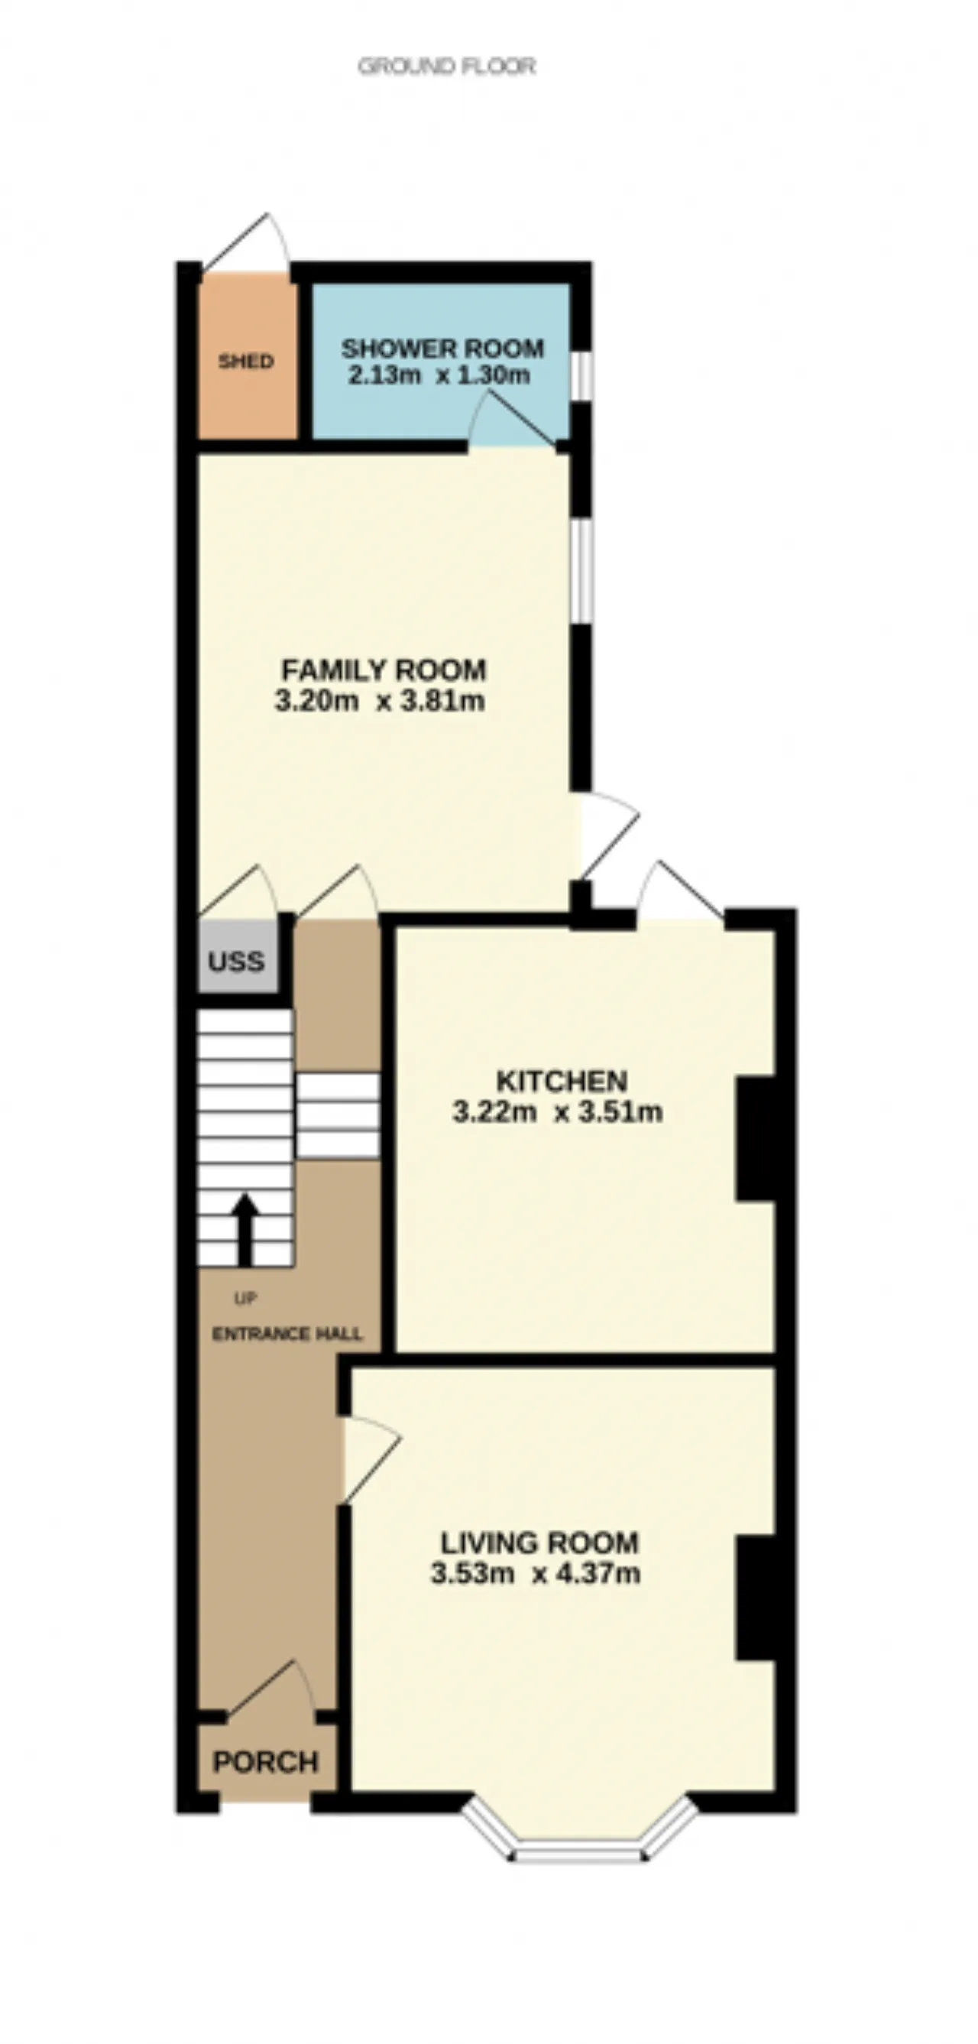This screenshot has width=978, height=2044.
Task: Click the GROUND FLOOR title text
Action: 446,66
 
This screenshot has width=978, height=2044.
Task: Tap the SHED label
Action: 246,361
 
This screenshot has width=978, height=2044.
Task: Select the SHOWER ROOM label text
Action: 442,349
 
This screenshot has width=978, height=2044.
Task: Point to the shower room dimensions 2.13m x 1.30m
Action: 439,375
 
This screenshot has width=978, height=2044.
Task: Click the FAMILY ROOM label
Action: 384,670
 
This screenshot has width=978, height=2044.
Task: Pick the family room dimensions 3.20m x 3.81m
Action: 380,702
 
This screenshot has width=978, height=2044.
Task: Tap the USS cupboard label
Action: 235,962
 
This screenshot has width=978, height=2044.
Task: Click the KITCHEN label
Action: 562,1081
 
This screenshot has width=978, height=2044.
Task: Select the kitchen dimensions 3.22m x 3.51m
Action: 558,1111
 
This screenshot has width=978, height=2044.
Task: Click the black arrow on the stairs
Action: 245,1229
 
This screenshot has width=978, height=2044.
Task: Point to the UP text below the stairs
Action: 245,1299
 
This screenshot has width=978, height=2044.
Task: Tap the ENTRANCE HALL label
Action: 287,1334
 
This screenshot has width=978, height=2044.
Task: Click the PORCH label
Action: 266,1762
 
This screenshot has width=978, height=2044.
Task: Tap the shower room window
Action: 582,374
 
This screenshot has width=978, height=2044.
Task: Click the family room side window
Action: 582,570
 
